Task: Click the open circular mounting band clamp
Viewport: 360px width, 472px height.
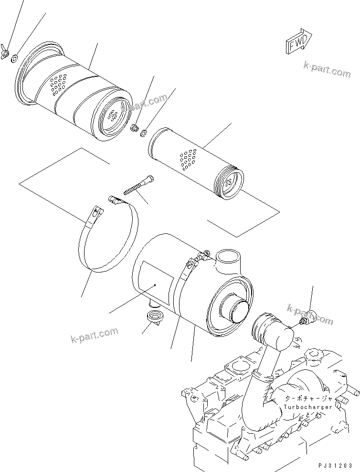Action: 107,239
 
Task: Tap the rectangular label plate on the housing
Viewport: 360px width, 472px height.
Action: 155,285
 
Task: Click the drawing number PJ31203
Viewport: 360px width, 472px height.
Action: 337,465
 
